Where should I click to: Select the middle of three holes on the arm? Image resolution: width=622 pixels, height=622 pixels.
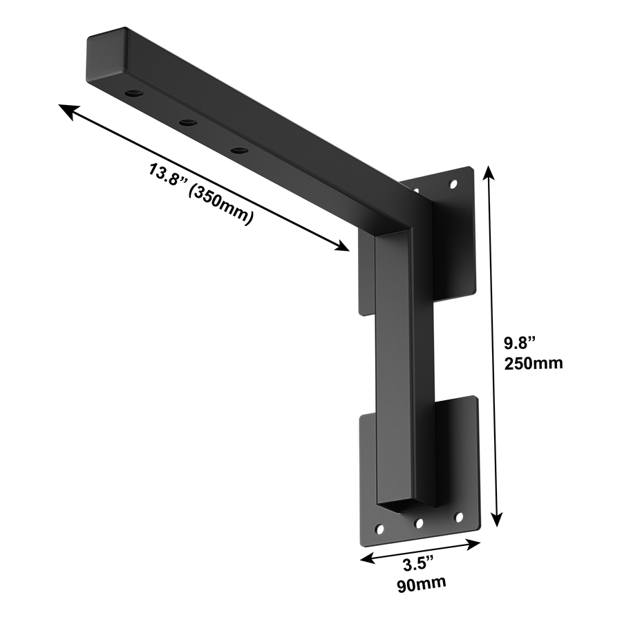[187, 122]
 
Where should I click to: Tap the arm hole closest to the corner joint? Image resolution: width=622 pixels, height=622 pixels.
[239, 150]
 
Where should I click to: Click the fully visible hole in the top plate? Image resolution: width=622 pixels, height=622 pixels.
[453, 185]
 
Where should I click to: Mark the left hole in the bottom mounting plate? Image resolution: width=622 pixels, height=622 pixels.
[379, 529]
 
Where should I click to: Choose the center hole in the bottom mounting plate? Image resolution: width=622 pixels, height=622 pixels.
[417, 523]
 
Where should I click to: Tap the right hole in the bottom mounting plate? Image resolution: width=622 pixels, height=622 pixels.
[458, 517]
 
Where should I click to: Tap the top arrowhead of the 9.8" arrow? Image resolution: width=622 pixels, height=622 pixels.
[490, 171]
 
